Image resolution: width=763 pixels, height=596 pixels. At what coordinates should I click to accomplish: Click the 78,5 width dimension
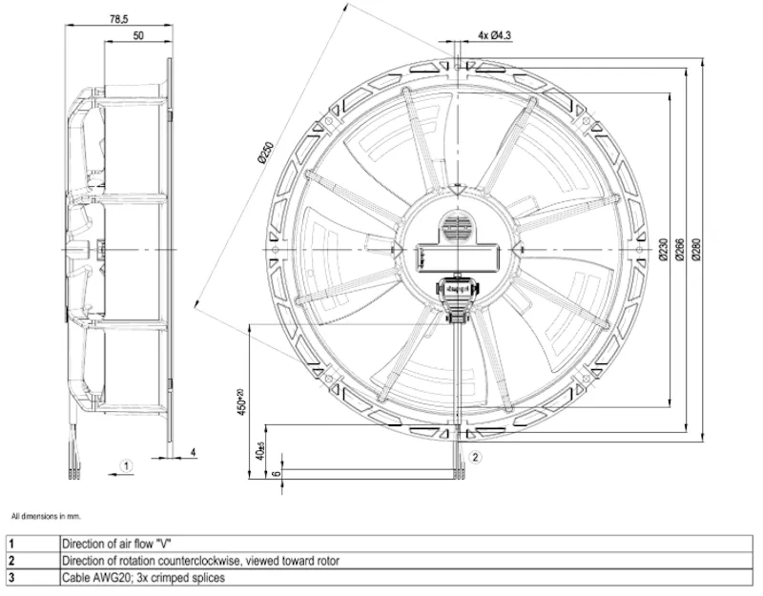(x=118, y=19)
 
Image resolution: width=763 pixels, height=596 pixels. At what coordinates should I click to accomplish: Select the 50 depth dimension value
(x=138, y=35)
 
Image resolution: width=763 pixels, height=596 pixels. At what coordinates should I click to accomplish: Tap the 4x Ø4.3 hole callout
(x=494, y=35)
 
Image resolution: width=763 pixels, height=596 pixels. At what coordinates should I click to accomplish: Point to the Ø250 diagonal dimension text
(x=266, y=153)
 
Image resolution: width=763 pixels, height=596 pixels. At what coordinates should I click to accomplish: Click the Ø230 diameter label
(x=663, y=250)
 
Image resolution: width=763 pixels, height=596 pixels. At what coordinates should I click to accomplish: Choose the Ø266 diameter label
(x=680, y=250)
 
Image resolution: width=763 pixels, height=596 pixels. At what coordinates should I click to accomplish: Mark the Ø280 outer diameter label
(x=696, y=250)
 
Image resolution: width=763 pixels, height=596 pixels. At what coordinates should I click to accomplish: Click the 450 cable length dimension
(x=241, y=401)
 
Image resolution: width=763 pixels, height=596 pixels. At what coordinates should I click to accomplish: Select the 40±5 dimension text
(x=260, y=451)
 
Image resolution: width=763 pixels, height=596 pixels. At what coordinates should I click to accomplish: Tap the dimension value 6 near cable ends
(x=277, y=472)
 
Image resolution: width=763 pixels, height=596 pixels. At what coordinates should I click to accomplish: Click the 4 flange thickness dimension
(x=194, y=452)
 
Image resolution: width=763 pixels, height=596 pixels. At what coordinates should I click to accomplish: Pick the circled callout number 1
(x=126, y=466)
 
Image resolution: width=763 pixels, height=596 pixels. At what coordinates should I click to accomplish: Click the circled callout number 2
(x=475, y=457)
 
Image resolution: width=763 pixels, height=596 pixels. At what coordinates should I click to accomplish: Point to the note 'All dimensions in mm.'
(x=46, y=516)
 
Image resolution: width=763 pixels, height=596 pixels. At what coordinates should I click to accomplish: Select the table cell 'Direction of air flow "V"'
(x=116, y=544)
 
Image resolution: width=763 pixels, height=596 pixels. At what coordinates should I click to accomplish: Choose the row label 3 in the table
(x=11, y=578)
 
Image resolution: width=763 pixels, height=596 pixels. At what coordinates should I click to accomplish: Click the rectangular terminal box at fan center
(x=458, y=257)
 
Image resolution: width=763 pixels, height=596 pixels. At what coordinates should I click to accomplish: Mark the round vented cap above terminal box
(x=458, y=227)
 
